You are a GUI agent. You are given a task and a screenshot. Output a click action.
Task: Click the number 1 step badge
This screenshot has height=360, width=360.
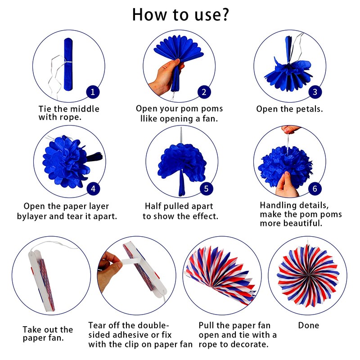tap(93, 92)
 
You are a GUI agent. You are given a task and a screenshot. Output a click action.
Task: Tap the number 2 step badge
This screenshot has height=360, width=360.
tap(204, 92)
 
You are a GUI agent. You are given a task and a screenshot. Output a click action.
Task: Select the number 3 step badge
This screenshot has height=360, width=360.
tap(315, 92)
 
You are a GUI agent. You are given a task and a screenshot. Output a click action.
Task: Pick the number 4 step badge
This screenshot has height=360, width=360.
tap(93, 189)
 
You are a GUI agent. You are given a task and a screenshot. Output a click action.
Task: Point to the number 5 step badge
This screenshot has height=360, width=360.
tap(206, 189)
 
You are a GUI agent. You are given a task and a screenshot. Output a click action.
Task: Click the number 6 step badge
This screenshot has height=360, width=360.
tap(315, 189)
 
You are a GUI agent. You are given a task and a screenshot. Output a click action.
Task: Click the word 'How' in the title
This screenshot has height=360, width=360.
tap(149, 15)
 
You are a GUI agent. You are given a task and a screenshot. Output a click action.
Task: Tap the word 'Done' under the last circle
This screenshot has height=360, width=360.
tap(309, 325)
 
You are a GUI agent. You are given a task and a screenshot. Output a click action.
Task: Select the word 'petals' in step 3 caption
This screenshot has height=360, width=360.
tap(309, 109)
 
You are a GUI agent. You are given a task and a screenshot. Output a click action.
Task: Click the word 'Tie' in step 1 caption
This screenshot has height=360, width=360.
tap(45, 109)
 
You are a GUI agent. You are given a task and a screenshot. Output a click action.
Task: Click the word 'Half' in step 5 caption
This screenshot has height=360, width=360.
tap(153, 206)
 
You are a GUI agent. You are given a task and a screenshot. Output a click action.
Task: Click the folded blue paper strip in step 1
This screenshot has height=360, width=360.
tap(68, 64)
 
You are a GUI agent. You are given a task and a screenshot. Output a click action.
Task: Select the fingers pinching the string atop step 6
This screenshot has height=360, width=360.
tap(290, 130)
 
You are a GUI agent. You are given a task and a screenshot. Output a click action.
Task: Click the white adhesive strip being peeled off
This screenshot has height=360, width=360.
tap(131, 261)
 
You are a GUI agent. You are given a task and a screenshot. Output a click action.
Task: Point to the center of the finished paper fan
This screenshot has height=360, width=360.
tap(308, 274)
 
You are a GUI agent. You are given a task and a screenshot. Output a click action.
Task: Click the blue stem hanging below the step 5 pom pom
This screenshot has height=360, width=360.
tap(182, 183)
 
